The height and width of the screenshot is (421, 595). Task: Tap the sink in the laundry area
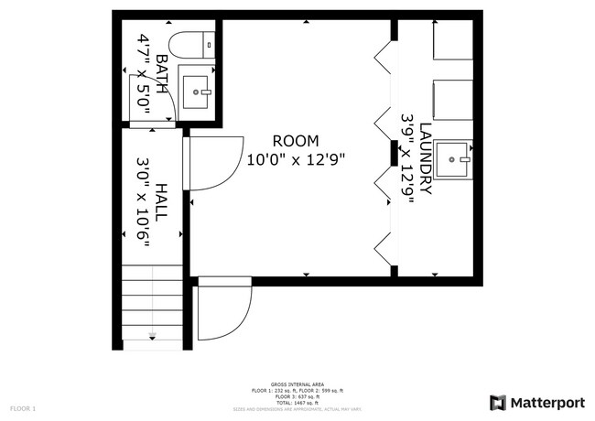[x=453, y=158]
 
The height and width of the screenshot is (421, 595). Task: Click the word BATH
[x=162, y=74]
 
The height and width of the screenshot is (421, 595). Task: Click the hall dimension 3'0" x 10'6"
[x=143, y=201]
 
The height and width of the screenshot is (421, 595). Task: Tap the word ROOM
[x=296, y=141]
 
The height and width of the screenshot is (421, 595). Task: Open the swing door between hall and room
[x=212, y=164]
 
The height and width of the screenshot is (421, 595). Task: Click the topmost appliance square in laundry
[x=452, y=41]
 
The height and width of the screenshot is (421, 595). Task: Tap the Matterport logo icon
[x=498, y=403]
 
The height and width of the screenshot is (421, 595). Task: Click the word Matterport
[x=546, y=403]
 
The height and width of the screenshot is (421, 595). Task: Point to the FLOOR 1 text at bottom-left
[x=23, y=407]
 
